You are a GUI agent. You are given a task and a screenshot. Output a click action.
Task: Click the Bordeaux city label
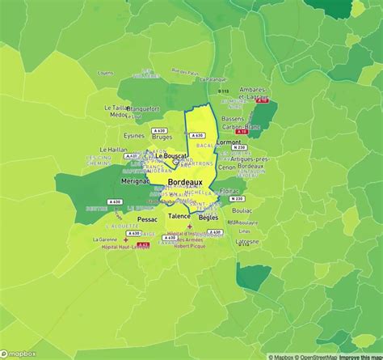(x=185, y=184)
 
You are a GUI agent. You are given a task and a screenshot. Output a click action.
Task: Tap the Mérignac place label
(x=136, y=181)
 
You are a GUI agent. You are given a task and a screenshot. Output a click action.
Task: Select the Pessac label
(x=148, y=219)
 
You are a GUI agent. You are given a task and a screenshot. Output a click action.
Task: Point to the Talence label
(x=179, y=218)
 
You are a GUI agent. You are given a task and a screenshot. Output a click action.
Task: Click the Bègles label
(x=208, y=218)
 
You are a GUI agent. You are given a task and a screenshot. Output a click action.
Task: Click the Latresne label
(x=247, y=242)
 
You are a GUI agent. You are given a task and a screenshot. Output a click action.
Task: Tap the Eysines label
(x=134, y=136)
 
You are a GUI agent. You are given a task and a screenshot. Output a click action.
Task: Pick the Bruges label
(x=162, y=137)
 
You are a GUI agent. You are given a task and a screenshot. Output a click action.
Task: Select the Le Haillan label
(x=114, y=150)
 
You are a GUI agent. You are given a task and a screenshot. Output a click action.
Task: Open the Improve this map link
(x=360, y=356)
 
